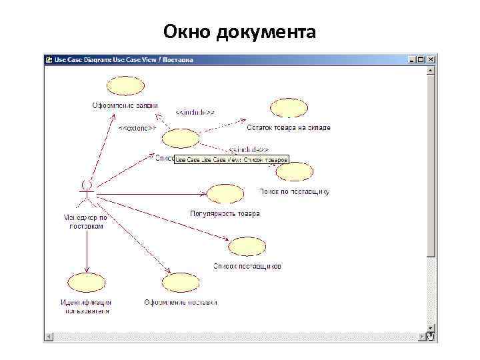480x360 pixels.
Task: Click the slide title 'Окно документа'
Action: (x=240, y=31)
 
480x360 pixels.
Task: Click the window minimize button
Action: (x=413, y=59)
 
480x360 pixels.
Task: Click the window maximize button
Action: (x=422, y=59)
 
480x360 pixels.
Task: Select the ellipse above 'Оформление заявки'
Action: (x=125, y=87)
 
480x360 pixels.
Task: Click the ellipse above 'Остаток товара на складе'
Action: (x=289, y=108)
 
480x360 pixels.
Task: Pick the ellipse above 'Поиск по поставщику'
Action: (x=294, y=172)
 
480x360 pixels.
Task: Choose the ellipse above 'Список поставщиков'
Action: (x=247, y=247)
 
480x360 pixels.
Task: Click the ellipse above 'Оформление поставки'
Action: (x=181, y=283)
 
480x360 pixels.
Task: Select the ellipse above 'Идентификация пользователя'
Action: (x=85, y=282)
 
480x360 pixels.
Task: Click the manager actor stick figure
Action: (x=86, y=193)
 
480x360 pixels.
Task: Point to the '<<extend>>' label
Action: (x=137, y=127)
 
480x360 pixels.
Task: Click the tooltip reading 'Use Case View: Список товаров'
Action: (x=231, y=160)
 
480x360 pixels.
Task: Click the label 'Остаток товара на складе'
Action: (x=288, y=127)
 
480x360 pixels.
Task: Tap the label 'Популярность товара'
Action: (x=225, y=214)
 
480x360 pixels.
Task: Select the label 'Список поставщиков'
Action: (x=247, y=266)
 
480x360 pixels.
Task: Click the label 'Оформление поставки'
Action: (x=181, y=302)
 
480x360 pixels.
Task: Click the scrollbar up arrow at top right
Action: (x=431, y=69)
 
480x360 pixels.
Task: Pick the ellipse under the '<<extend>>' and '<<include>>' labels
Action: (x=181, y=139)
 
